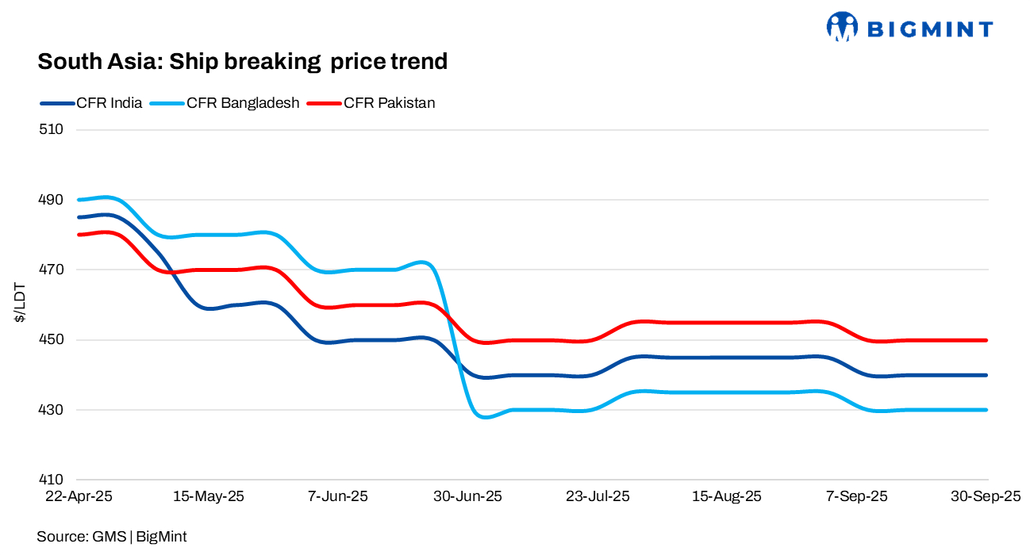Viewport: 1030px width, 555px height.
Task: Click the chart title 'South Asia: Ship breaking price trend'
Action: click(x=243, y=61)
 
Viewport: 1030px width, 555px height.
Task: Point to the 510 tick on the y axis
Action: click(x=51, y=129)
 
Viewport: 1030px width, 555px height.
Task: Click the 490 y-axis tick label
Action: click(x=51, y=200)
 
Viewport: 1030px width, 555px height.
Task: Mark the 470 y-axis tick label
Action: click(x=51, y=270)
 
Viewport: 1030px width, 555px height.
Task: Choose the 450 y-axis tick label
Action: click(x=51, y=340)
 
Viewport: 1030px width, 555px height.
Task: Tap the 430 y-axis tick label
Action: click(x=51, y=410)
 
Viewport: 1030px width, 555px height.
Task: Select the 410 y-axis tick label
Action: click(x=51, y=480)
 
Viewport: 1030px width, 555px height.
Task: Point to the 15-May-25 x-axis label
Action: click(x=209, y=497)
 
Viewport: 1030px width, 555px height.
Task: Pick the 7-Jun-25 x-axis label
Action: click(x=338, y=497)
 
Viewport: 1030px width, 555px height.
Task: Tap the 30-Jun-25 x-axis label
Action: click(x=468, y=497)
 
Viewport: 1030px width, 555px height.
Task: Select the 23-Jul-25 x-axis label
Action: click(x=598, y=497)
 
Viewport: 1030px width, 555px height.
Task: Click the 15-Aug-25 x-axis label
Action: click(x=728, y=497)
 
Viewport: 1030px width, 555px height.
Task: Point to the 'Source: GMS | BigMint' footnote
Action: click(x=112, y=537)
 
